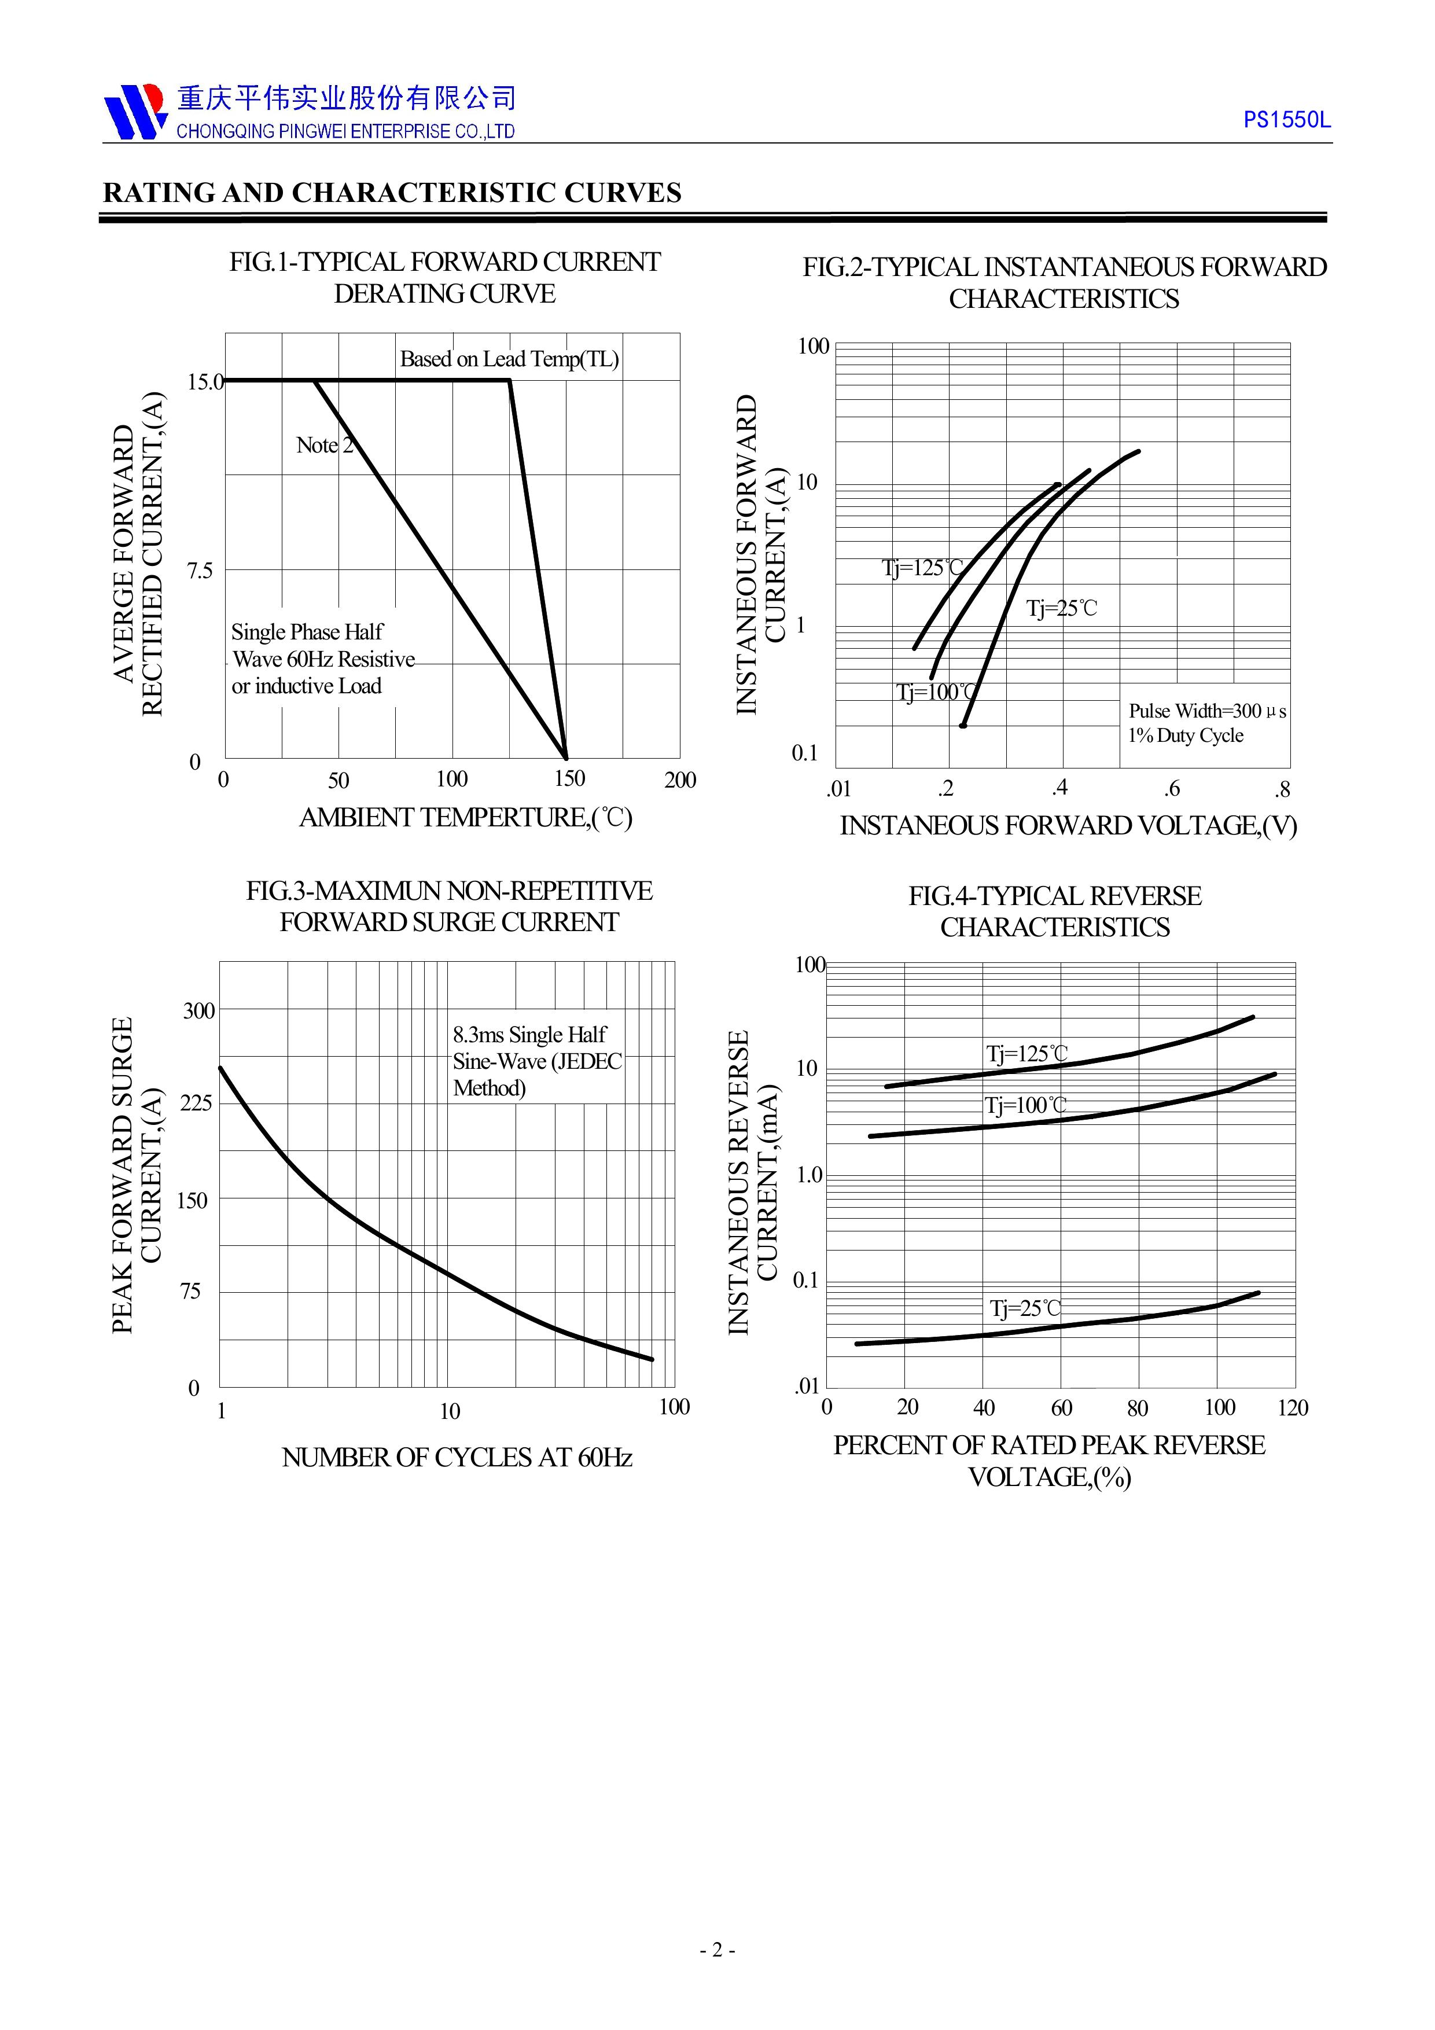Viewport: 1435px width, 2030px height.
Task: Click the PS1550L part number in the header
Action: coord(1286,120)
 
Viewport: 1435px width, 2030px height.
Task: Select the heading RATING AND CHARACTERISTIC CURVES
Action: coord(392,193)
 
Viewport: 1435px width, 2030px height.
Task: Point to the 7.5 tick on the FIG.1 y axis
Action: coord(200,570)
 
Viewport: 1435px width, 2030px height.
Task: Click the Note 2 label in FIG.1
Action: coord(325,445)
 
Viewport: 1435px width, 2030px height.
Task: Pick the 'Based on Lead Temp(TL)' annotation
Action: coord(509,359)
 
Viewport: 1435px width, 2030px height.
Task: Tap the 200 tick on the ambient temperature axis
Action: coord(680,780)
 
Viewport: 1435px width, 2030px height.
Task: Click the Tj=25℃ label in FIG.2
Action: coord(1061,608)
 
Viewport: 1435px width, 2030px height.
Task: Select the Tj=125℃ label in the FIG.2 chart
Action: coord(922,568)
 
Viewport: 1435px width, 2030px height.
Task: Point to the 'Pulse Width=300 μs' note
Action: coord(1207,711)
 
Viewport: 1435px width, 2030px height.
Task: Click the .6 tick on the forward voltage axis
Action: coord(1172,789)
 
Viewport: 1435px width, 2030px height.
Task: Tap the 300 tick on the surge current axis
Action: coord(199,1010)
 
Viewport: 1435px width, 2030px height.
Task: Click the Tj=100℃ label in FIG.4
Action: coord(1026,1105)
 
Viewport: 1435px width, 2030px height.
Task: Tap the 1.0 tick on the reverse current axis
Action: coord(809,1175)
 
